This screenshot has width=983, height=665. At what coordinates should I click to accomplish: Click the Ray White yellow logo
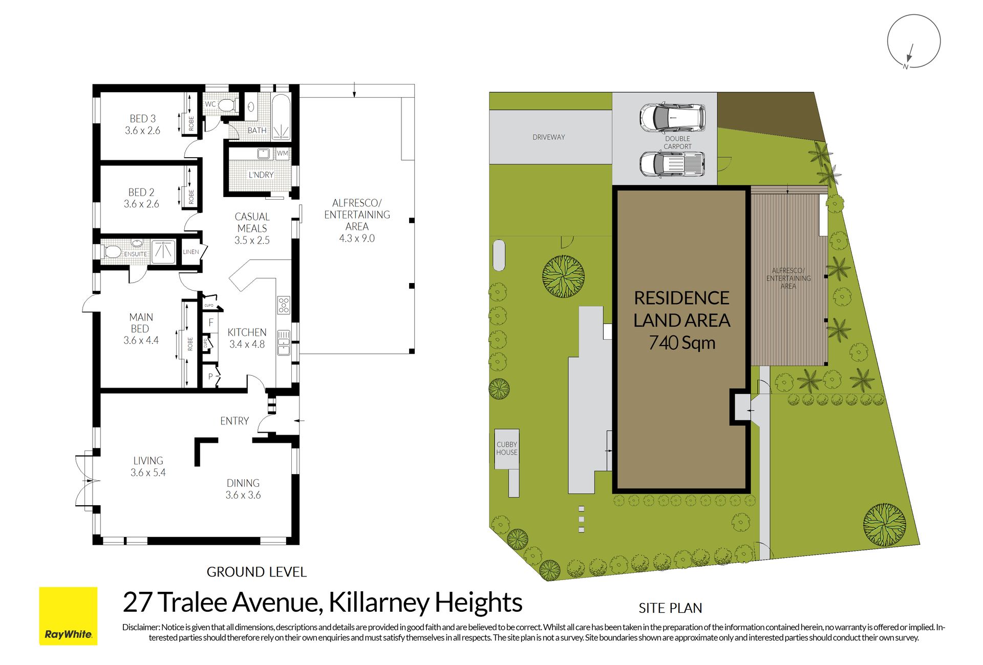coord(68,615)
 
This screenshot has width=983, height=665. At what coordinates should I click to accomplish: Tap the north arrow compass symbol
coord(913,41)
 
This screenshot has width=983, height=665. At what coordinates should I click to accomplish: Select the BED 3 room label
coord(142,124)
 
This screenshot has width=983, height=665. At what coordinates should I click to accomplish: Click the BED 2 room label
coord(141,198)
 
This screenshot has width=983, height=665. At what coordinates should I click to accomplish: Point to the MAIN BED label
coord(141,329)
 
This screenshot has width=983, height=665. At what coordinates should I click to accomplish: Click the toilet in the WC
coord(227,105)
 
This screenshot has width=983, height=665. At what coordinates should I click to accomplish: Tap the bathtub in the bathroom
coord(281,117)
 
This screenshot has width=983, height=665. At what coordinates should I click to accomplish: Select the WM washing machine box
coord(282,153)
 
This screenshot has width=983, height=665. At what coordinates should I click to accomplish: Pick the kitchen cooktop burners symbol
coord(284,305)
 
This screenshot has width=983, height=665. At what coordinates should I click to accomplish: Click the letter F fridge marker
coord(211,323)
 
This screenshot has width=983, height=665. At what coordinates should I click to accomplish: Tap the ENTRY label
coord(234,421)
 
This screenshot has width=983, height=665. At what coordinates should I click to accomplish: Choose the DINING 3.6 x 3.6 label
coord(243,489)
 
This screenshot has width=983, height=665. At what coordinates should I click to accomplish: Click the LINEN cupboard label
coord(191,252)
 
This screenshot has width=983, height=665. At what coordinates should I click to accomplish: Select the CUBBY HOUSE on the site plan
coord(507,449)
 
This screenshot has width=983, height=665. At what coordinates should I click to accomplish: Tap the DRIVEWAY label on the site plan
coord(549,137)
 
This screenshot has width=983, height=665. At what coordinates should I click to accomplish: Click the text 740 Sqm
coord(682,342)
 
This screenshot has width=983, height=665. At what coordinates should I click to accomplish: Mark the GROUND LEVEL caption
coord(257,572)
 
